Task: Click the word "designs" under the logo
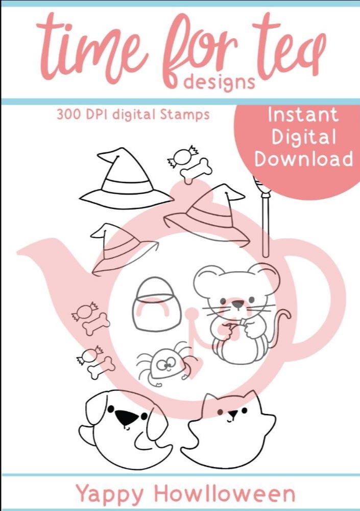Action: (219, 82)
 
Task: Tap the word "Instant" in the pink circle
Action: (303, 115)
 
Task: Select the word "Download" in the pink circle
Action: (304, 159)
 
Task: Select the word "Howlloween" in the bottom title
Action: (225, 494)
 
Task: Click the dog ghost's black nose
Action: (127, 417)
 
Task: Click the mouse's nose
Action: (237, 305)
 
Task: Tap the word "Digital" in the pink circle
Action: (304, 137)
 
